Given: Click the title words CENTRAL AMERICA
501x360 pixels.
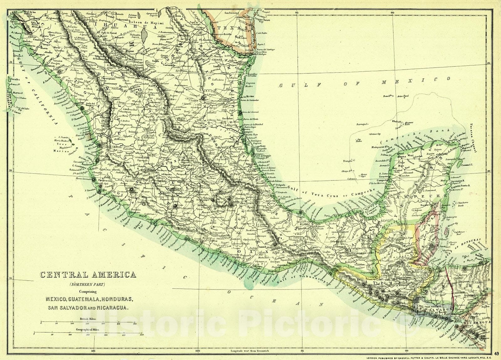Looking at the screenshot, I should pyautogui.click(x=88, y=275).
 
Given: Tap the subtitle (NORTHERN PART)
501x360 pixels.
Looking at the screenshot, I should pyautogui.click(x=87, y=284).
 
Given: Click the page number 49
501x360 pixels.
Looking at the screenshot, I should pyautogui.click(x=497, y=354).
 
